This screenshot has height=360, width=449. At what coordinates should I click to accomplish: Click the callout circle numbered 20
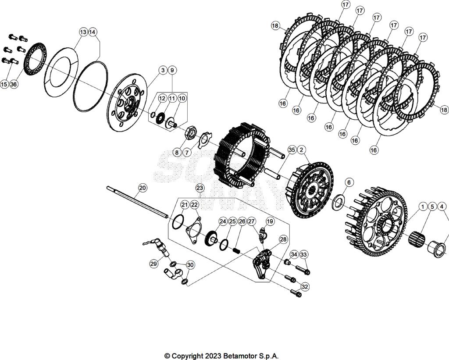pos(142,188)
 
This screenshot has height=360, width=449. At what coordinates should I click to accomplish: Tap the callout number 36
pos(14,84)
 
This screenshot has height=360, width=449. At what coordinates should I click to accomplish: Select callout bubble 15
pos(4,84)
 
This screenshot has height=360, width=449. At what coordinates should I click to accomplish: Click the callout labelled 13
pos(83,32)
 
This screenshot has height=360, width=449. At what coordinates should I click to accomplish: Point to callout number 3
pos(163,70)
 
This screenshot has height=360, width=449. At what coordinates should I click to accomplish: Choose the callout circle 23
pos(200,188)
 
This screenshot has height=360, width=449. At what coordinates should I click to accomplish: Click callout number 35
pos(292,150)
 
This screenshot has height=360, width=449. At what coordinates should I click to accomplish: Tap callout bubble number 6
pos(349,182)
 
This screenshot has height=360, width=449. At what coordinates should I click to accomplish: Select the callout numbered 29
pos(153,264)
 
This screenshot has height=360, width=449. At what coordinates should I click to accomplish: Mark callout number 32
pos(305,286)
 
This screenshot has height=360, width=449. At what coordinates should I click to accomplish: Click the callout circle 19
pos(270,222)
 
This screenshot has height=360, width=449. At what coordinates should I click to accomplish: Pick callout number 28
pos(283,239)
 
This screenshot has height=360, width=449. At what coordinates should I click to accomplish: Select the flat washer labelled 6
pos(339,202)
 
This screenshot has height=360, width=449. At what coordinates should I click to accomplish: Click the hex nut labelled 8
pos(191,132)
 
